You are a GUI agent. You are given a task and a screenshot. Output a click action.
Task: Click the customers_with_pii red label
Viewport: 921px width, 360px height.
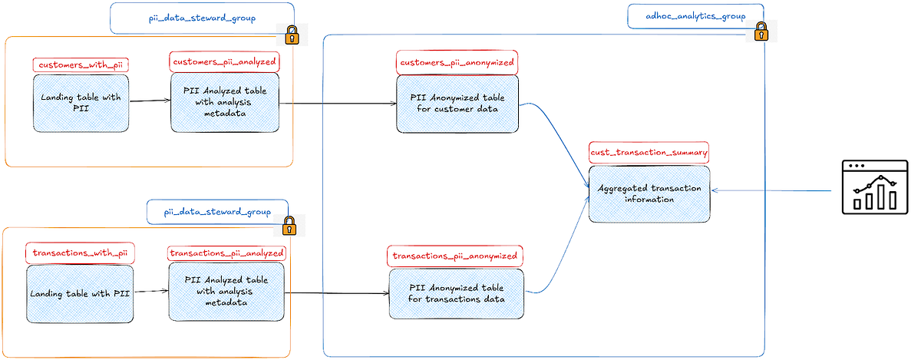click(x=80, y=65)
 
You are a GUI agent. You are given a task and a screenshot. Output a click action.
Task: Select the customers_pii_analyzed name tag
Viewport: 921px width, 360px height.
click(x=224, y=61)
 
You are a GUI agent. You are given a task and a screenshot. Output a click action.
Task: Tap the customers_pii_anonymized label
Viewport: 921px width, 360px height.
click(x=457, y=62)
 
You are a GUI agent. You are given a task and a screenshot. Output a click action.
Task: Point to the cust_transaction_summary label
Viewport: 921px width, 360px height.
click(x=649, y=152)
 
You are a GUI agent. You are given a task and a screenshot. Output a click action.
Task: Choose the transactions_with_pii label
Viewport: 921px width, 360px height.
click(x=79, y=253)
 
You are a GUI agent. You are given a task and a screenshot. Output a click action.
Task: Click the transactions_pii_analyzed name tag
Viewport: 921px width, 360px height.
click(x=226, y=253)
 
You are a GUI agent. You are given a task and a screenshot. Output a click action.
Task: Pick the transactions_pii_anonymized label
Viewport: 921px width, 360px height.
click(x=455, y=256)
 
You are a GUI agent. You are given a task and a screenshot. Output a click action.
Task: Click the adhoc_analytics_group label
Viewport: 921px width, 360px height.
click(x=695, y=16)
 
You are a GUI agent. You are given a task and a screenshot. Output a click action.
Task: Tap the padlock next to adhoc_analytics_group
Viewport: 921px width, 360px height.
click(x=761, y=31)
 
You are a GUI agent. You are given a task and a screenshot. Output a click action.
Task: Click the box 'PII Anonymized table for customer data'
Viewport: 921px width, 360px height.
click(x=457, y=103)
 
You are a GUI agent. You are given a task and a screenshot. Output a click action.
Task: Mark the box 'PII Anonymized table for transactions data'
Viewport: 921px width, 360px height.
click(x=457, y=293)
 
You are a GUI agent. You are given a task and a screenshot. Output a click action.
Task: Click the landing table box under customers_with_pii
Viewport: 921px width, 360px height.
click(x=81, y=103)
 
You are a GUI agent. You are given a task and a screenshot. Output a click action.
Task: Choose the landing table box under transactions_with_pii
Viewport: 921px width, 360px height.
click(x=80, y=294)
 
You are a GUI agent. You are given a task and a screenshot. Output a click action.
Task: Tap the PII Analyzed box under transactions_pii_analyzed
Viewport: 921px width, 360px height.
click(x=226, y=291)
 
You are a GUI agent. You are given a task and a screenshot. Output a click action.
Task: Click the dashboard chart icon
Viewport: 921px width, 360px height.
click(x=874, y=186)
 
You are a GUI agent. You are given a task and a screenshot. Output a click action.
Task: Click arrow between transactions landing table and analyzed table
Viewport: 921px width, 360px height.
click(x=150, y=292)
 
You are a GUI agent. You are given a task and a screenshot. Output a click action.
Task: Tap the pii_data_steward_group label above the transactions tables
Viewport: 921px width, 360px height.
click(x=218, y=213)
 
